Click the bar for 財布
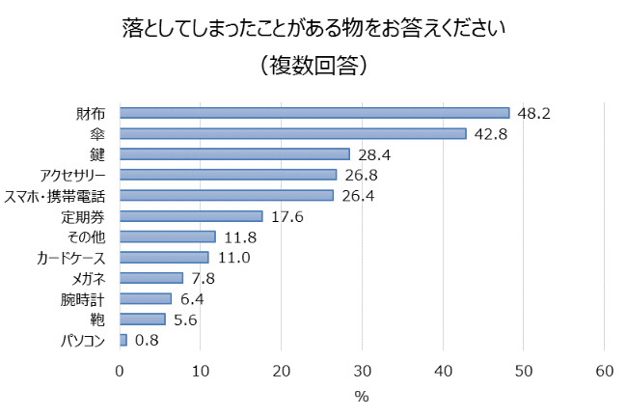314,113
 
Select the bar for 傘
292,133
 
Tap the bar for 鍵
234,154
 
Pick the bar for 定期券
191,216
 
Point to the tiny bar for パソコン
123,340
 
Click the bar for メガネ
151,278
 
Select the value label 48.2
533,113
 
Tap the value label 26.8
360,175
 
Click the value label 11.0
232,258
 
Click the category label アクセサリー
72,175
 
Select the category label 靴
97,320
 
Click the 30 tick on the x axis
362,372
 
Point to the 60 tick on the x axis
604,372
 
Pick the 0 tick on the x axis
120,372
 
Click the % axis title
362,397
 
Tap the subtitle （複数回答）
313,67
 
